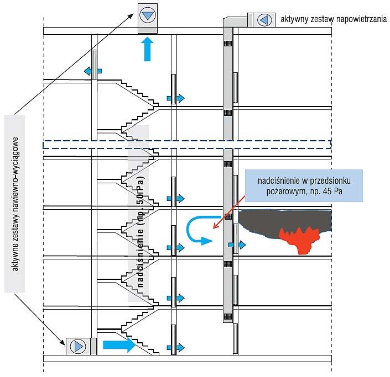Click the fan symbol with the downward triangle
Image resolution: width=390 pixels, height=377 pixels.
148,15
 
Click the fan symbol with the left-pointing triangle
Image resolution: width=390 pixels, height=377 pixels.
264,20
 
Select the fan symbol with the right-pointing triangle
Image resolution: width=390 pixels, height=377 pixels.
78,346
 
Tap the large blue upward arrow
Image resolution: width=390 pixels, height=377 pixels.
147,49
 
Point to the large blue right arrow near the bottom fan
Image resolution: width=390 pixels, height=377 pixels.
119,344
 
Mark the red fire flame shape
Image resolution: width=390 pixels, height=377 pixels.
299,240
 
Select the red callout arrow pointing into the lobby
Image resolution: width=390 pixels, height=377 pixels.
229,211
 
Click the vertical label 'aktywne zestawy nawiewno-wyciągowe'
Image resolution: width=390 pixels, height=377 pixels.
15,204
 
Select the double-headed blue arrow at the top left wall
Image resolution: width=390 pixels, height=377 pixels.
93,71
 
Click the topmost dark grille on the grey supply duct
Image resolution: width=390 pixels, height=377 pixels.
227,44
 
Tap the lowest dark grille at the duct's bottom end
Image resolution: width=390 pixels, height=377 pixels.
228,316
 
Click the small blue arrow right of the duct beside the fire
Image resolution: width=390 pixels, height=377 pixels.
237,245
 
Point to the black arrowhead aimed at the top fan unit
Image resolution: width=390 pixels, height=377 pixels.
131,16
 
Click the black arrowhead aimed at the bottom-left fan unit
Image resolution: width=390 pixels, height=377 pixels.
62,342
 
